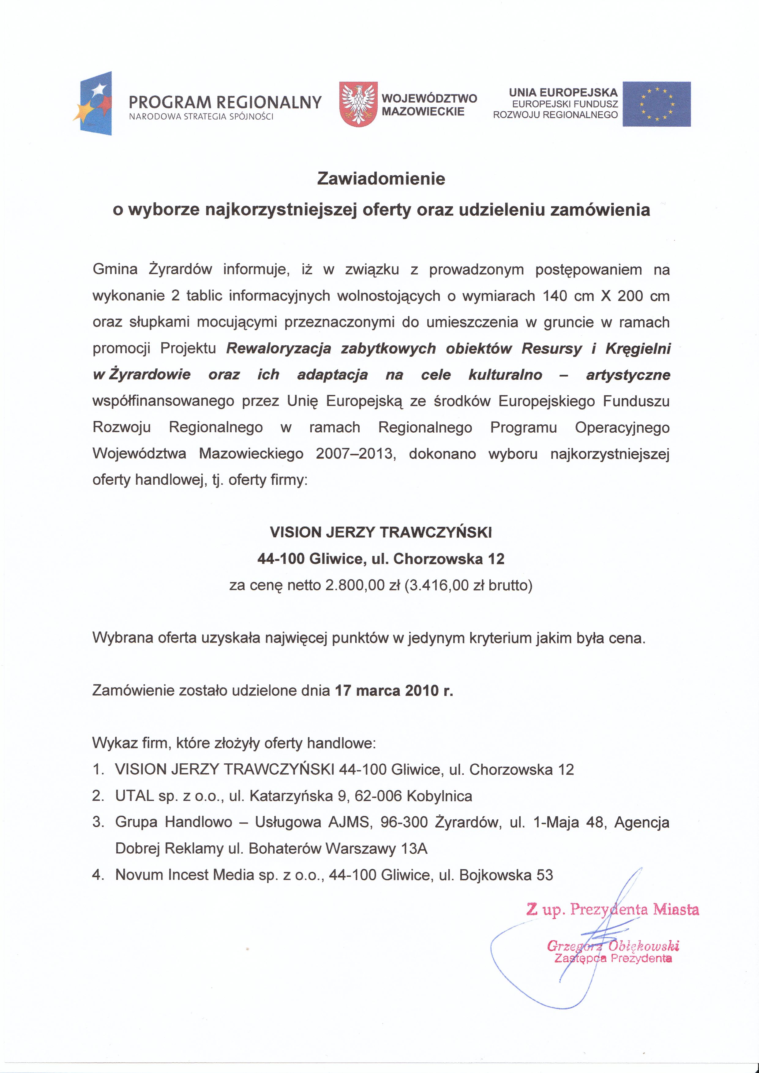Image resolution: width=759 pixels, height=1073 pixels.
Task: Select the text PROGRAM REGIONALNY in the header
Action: [x=225, y=102]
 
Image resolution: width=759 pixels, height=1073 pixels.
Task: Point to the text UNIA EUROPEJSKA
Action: [x=563, y=92]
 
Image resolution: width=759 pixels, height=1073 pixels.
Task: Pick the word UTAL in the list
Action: [x=134, y=796]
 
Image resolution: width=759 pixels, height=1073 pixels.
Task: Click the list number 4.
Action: [x=97, y=875]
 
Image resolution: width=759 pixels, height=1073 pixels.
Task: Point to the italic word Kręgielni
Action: [x=638, y=348]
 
